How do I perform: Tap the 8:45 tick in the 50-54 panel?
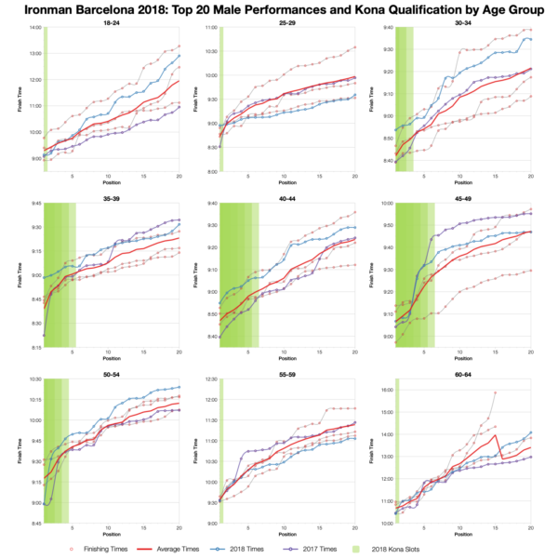[x=34, y=525]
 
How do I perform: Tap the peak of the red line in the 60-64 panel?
[x=496, y=434]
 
